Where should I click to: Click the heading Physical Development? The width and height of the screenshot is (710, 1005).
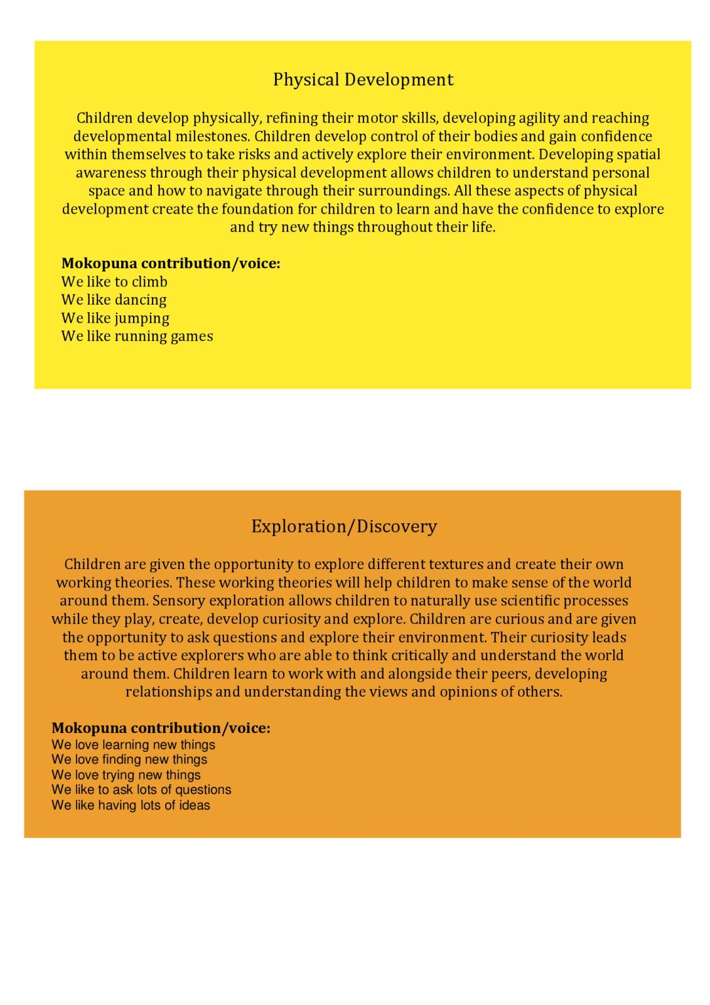point(363,80)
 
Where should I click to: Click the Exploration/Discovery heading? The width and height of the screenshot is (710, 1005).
point(344,526)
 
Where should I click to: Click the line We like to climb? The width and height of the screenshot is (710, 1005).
point(114,282)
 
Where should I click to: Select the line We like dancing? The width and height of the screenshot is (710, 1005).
point(114,300)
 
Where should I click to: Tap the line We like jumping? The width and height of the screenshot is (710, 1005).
point(115,318)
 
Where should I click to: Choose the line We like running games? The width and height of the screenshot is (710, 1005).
point(137,337)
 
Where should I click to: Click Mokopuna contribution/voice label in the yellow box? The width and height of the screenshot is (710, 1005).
point(170,263)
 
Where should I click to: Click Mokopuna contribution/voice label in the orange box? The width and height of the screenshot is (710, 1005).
point(161,728)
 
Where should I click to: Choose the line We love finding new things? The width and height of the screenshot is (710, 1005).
point(129,759)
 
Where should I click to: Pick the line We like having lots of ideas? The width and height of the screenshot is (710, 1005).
point(131,805)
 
